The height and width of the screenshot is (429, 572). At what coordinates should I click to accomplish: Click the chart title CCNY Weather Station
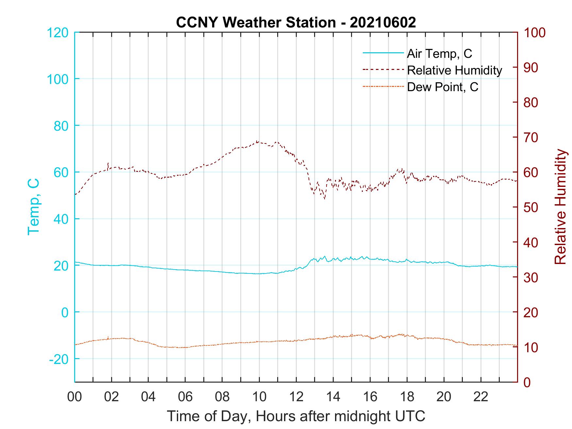[296, 23]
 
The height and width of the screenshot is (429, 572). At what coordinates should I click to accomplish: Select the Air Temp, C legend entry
[439, 54]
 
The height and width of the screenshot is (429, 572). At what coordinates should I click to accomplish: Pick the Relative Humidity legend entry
[454, 70]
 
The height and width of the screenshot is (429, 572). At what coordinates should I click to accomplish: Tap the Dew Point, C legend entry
[442, 87]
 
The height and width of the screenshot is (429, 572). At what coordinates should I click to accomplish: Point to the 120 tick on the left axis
[58, 33]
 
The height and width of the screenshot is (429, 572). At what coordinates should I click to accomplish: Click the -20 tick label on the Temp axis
[59, 359]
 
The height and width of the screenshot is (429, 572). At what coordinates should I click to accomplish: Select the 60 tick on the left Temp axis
[61, 173]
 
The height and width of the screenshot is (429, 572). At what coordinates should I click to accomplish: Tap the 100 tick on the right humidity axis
[534, 33]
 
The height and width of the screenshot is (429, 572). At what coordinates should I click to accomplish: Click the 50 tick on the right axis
[531, 207]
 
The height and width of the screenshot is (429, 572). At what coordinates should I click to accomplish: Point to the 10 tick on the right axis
[531, 347]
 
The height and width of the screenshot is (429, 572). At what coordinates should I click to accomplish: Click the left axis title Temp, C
[33, 207]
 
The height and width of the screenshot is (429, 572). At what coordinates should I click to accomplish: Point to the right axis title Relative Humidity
[560, 207]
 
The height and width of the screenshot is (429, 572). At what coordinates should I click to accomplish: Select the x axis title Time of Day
[296, 416]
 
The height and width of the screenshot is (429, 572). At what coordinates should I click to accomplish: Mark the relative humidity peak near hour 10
[258, 141]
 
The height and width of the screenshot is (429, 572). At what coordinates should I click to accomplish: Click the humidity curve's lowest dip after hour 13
[324, 198]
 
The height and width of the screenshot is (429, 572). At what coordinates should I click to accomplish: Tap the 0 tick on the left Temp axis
[66, 312]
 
